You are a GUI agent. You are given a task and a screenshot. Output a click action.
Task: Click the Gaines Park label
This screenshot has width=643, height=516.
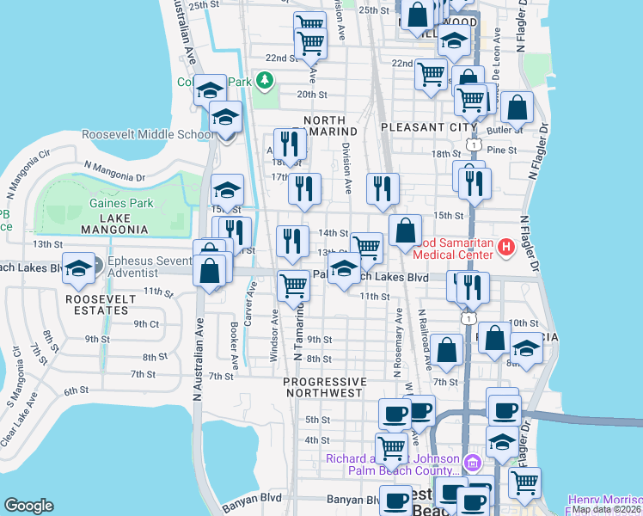click(x=120, y=204)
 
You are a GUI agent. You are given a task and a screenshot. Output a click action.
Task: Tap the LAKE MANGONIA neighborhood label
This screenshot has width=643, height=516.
click(x=115, y=230)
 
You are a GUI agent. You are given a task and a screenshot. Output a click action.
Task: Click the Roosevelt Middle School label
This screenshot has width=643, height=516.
click(x=148, y=135)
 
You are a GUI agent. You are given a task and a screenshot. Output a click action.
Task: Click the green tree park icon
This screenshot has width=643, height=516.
click(x=265, y=81)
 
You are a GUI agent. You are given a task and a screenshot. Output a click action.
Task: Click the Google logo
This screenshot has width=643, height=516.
click(x=28, y=506)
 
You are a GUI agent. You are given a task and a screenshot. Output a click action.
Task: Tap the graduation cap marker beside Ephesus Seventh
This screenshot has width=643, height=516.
click(x=78, y=268)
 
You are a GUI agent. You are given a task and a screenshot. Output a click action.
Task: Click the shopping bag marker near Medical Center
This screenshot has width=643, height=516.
click(x=405, y=231)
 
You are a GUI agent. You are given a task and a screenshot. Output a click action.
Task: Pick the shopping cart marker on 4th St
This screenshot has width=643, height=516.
click(x=392, y=447)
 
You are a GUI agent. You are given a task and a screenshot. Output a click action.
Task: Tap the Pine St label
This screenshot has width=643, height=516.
click(x=501, y=150)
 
